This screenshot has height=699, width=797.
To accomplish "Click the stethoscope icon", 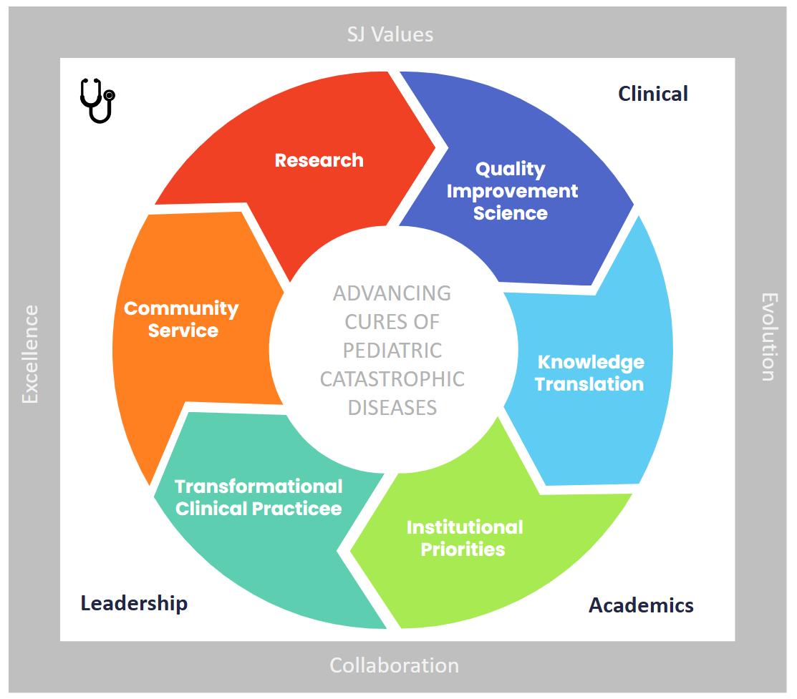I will pyautogui.click(x=97, y=100).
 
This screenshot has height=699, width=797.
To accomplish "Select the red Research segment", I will pyautogui.click(x=319, y=160).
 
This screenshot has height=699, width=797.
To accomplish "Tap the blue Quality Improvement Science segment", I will pyautogui.click(x=511, y=191).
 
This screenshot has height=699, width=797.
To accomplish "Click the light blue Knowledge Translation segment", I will pyautogui.click(x=589, y=373).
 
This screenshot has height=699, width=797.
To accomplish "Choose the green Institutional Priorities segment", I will pyautogui.click(x=464, y=538).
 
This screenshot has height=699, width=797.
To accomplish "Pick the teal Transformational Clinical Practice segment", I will pyautogui.click(x=259, y=497).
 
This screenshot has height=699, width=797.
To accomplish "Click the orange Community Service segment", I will pyautogui.click(x=181, y=319).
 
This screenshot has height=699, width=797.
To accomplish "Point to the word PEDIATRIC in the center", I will pyautogui.click(x=392, y=351).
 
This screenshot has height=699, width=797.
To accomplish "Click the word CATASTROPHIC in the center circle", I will pyautogui.click(x=392, y=378).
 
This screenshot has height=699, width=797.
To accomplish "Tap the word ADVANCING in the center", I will pyautogui.click(x=392, y=293).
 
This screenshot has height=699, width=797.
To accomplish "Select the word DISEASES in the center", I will pyautogui.click(x=392, y=407).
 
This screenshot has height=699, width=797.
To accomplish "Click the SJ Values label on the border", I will pyautogui.click(x=390, y=34).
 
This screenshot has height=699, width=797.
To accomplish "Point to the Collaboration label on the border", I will pyautogui.click(x=394, y=665).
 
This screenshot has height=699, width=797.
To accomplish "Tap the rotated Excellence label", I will pyautogui.click(x=30, y=353).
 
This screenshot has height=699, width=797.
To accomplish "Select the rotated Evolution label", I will pyautogui.click(x=768, y=336).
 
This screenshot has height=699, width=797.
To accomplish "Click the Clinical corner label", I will pyautogui.click(x=652, y=94).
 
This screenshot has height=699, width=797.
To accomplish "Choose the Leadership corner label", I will pyautogui.click(x=134, y=603).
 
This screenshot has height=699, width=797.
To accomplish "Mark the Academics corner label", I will pyautogui.click(x=641, y=605).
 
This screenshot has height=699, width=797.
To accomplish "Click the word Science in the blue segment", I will pyautogui.click(x=511, y=212).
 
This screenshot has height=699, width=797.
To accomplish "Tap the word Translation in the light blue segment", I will pyautogui.click(x=589, y=384).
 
